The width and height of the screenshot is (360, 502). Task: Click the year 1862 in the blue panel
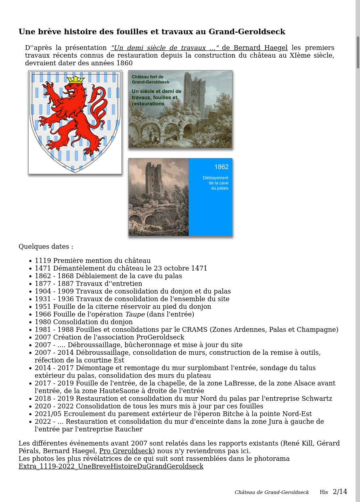coord(221,167)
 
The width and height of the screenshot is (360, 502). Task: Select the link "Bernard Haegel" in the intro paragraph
coord(260,48)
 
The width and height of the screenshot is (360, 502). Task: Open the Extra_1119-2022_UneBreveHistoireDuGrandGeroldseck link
coord(111,467)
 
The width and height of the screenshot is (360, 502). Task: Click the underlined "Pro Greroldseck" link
coord(126,451)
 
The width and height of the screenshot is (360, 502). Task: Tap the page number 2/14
coord(340,492)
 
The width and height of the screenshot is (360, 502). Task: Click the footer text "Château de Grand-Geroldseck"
coord(272,492)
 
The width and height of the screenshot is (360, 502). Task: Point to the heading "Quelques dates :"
coord(46,247)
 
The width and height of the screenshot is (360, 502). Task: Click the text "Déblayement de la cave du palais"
coord(216,183)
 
